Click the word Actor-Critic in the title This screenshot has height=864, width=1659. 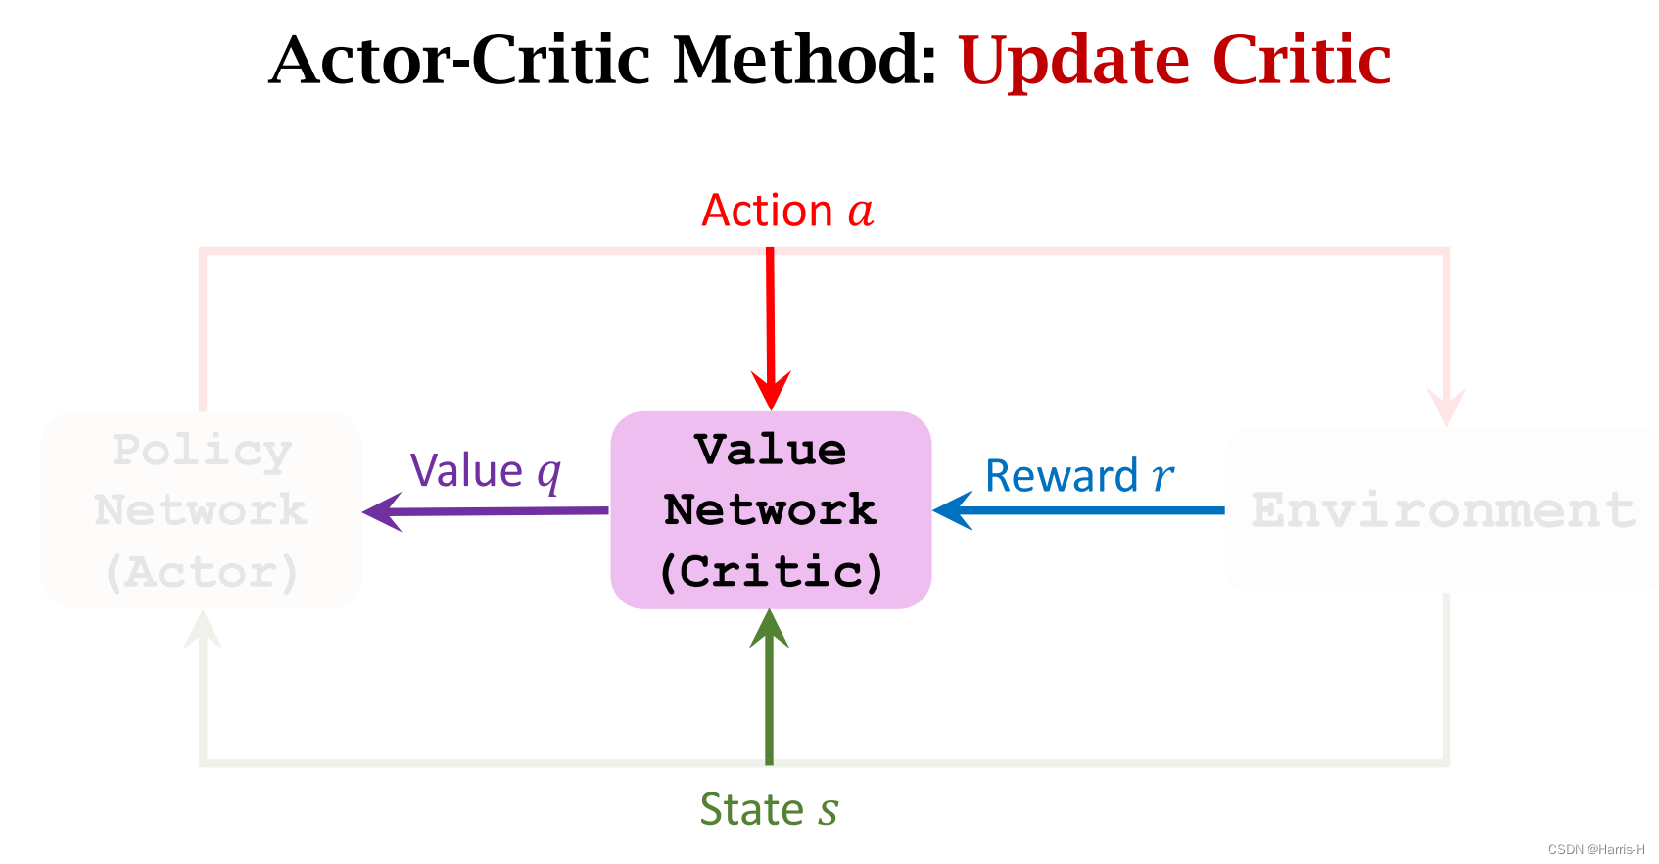pyautogui.click(x=458, y=61)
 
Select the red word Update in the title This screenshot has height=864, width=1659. pyautogui.click(x=1073, y=61)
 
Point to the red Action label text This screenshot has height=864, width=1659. pyautogui.click(x=768, y=211)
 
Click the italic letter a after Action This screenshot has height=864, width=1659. pyautogui.click(x=860, y=212)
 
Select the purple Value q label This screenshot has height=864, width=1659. pyautogui.click(x=486, y=471)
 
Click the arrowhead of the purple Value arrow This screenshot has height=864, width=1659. pyautogui.click(x=382, y=511)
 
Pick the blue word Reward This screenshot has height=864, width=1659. pyautogui.click(x=1061, y=476)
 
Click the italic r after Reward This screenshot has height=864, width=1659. pyautogui.click(x=1161, y=477)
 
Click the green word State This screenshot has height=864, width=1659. pyautogui.click(x=751, y=810)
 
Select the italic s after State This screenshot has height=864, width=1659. pyautogui.click(x=828, y=812)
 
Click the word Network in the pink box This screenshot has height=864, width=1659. pyautogui.click(x=770, y=510)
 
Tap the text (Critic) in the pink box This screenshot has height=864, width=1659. pyautogui.click(x=771, y=571)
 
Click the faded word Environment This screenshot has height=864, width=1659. pyautogui.click(x=1444, y=510)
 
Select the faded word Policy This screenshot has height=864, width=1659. pyautogui.click(x=202, y=451)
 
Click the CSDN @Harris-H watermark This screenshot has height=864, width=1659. pyautogui.click(x=1595, y=849)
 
